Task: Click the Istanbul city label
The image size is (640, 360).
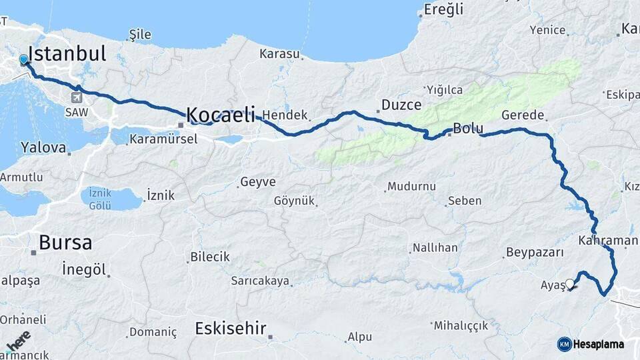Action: click(67, 53)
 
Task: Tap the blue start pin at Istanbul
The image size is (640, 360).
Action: click(25, 60)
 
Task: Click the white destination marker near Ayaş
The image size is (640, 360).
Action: click(569, 283)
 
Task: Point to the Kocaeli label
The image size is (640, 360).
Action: click(221, 115)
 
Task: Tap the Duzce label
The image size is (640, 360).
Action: click(401, 105)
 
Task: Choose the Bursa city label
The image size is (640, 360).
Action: click(65, 242)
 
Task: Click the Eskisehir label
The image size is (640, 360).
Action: click(231, 328)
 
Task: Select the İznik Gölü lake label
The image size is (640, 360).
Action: click(100, 199)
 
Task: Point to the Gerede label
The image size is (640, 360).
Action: click(523, 115)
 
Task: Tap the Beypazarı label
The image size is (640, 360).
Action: click(535, 253)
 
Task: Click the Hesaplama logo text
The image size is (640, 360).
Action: click(598, 345)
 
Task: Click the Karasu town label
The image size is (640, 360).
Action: click(280, 53)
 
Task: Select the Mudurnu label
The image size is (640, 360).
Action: click(411, 187)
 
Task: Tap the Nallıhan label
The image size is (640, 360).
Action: click(435, 248)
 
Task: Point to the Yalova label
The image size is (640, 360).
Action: click(43, 147)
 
